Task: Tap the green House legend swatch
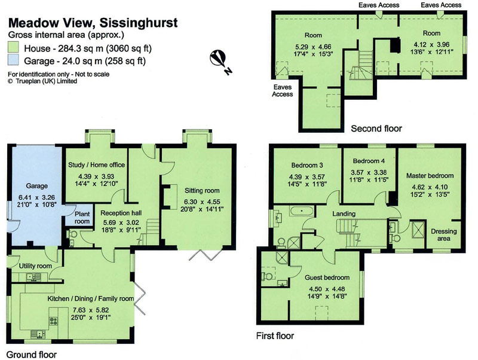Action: click(x=13, y=48)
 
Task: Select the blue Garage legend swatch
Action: click(x=13, y=60)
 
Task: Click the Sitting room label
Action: click(x=202, y=191)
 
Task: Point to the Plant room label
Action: click(x=82, y=218)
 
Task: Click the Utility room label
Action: click(x=35, y=266)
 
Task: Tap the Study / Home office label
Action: click(x=97, y=165)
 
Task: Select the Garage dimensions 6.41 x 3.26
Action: click(x=36, y=197)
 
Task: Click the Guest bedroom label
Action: click(x=327, y=277)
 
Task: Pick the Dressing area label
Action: click(x=444, y=235)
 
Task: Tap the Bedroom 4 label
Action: click(x=369, y=161)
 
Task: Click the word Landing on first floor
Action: click(x=344, y=213)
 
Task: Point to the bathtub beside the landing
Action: click(x=301, y=211)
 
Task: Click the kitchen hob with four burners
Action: click(x=53, y=321)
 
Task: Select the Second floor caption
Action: click(x=376, y=129)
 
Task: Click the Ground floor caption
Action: click(x=32, y=355)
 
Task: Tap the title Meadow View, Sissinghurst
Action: click(x=93, y=23)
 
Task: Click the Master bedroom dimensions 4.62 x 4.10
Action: click(x=430, y=187)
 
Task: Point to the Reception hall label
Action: click(x=121, y=213)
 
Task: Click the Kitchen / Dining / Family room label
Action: click(x=91, y=298)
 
